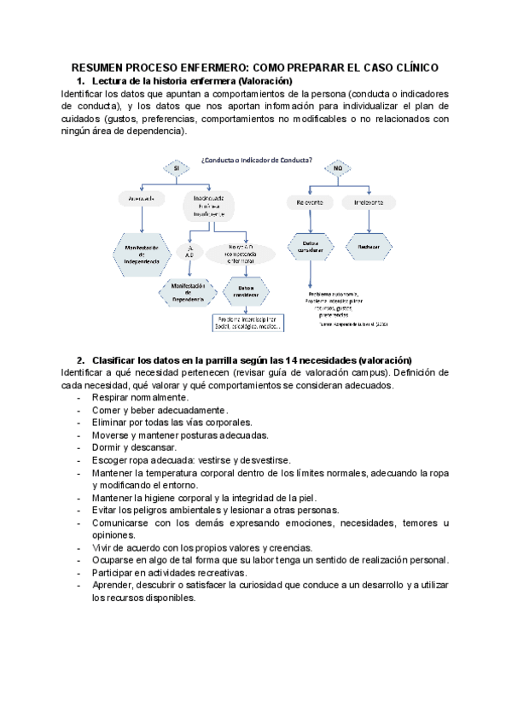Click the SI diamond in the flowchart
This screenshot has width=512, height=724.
coord(176,169)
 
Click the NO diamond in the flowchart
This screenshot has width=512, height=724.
coord(337,169)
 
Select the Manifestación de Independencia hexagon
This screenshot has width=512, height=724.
coord(142,254)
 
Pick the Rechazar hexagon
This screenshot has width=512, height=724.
coord(369,247)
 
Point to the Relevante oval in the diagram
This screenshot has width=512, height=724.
coord(308,202)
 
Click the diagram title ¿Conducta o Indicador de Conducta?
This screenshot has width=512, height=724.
coord(255,160)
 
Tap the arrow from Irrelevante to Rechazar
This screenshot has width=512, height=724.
coord(369,223)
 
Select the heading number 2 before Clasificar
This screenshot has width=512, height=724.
coord(79,359)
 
